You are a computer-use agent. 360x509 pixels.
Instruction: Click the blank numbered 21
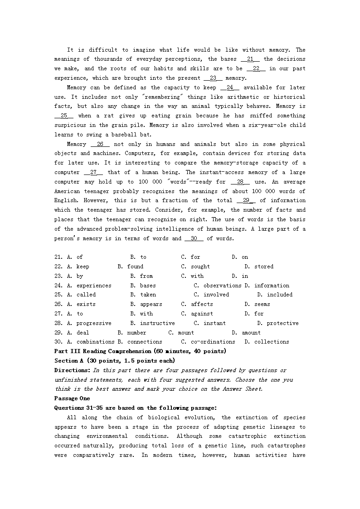click(x=250, y=59)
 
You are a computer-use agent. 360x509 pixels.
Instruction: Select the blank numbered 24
click(x=230, y=87)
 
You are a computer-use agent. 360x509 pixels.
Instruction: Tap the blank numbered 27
click(x=93, y=172)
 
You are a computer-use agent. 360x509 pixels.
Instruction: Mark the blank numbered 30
click(x=194, y=238)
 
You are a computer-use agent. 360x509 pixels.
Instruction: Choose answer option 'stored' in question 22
click(x=263, y=267)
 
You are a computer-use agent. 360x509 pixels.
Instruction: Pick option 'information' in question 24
click(x=272, y=286)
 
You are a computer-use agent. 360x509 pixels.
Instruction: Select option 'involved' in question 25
click(x=216, y=295)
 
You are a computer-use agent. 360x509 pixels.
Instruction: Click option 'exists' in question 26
click(x=86, y=304)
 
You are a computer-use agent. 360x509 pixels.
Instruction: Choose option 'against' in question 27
click(x=202, y=314)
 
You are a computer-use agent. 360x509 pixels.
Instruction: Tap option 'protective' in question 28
click(x=282, y=323)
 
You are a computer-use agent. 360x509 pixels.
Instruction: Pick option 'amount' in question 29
click(x=251, y=333)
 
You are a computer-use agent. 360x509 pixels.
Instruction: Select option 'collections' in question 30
click(x=272, y=342)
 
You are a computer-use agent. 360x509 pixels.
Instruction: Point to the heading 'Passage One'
click(x=72, y=398)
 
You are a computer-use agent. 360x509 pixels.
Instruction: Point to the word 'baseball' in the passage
click(x=127, y=135)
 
